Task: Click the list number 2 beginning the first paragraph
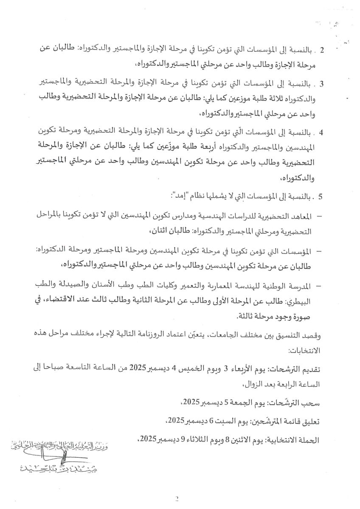click(x=322, y=50)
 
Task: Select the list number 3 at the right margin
click(x=322, y=84)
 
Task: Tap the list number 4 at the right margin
click(x=322, y=132)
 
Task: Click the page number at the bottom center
click(x=177, y=499)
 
